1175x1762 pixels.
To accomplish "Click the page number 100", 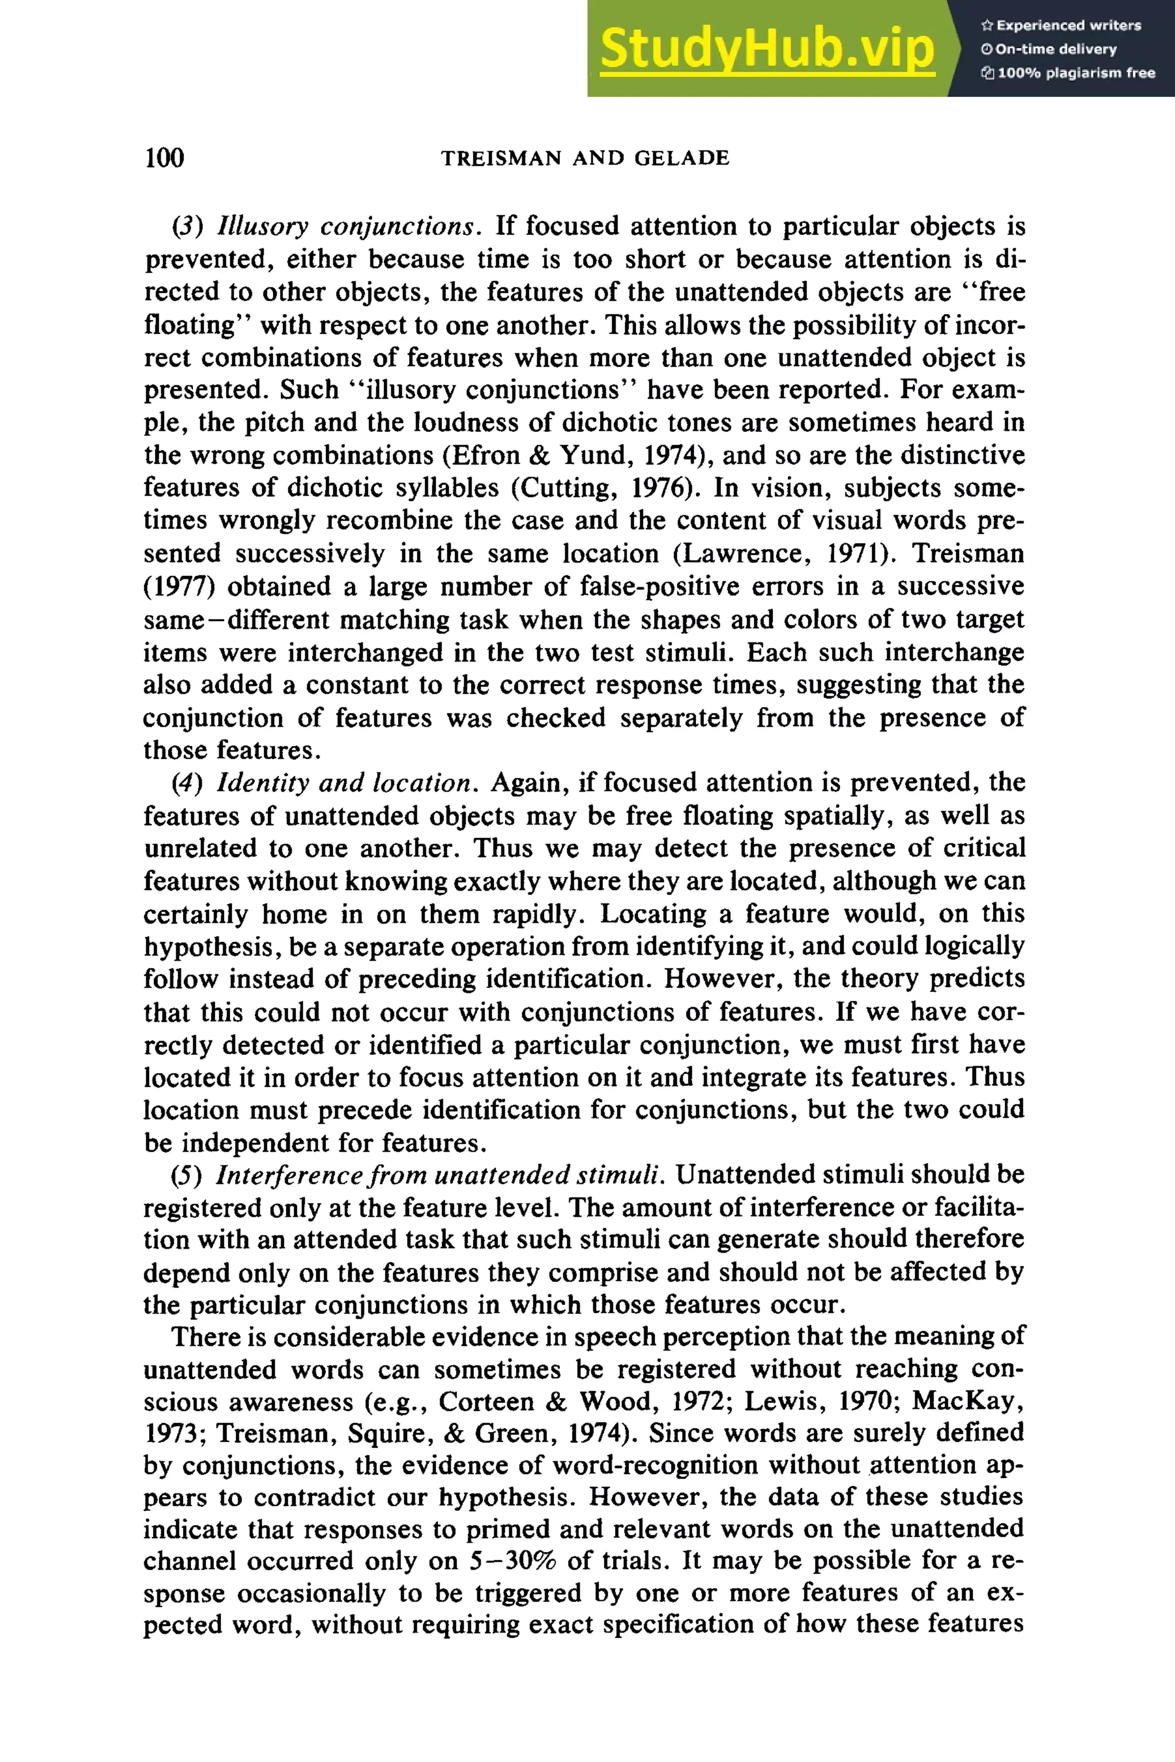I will (164, 158).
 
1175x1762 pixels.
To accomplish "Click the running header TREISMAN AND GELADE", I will (585, 158).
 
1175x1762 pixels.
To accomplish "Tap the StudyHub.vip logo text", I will (767, 49).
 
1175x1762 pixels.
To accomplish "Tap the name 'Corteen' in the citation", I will (485, 1402).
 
